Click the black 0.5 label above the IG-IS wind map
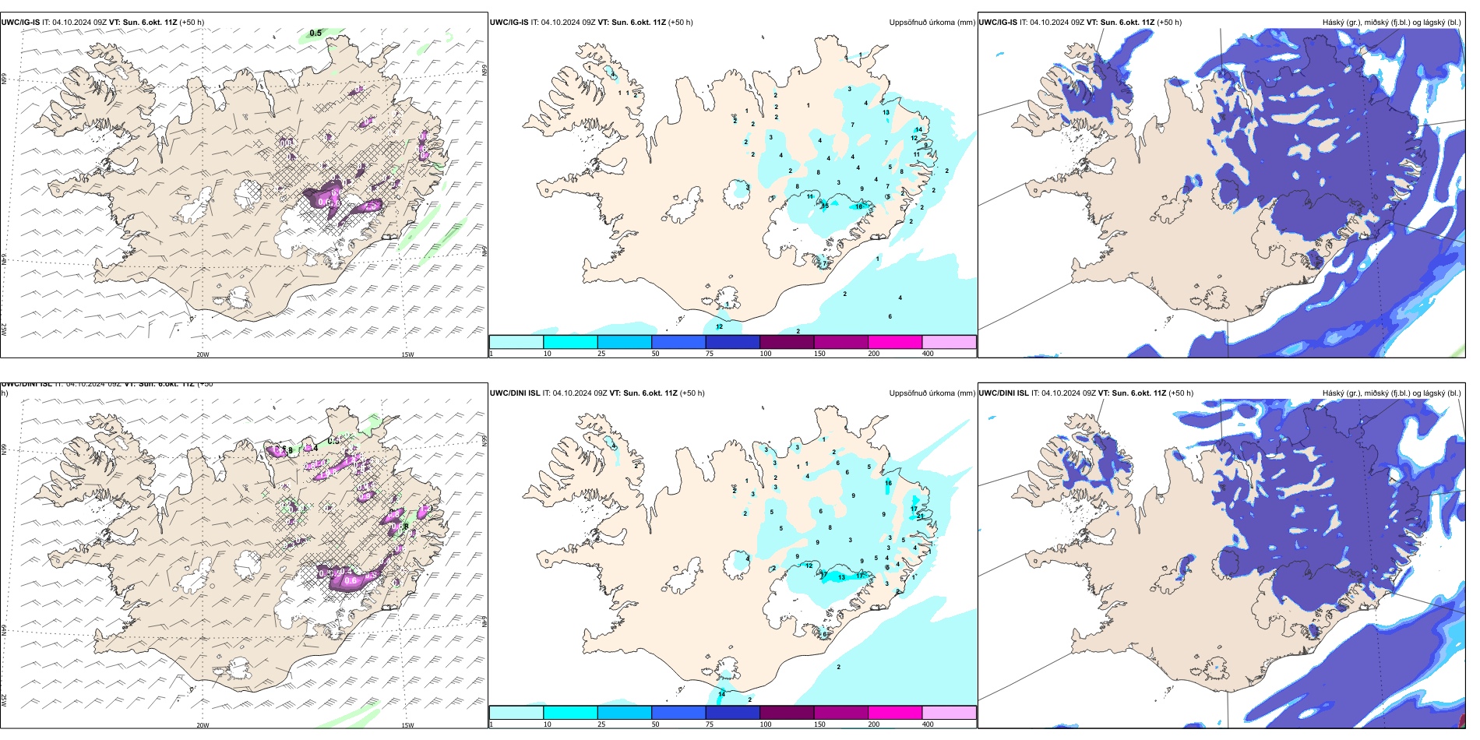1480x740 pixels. [315, 33]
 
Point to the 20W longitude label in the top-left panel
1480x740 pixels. [203, 354]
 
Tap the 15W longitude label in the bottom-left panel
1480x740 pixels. [407, 725]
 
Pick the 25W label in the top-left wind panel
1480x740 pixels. [4, 329]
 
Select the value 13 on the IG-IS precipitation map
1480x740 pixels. [886, 113]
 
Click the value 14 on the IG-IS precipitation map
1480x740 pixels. [918, 130]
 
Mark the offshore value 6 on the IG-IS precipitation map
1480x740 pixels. [890, 317]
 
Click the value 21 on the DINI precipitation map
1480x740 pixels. [920, 516]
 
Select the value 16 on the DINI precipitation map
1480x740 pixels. [888, 484]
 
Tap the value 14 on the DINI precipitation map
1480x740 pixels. [721, 694]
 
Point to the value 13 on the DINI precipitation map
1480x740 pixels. [841, 578]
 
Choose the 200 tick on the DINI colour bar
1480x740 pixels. [874, 724]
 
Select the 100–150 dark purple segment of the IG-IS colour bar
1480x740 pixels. [786, 342]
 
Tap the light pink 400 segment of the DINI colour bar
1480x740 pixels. [949, 713]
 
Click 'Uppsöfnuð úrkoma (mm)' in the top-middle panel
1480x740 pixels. [932, 23]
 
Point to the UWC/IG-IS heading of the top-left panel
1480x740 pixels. [20, 23]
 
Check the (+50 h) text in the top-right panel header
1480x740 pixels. [1168, 23]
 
